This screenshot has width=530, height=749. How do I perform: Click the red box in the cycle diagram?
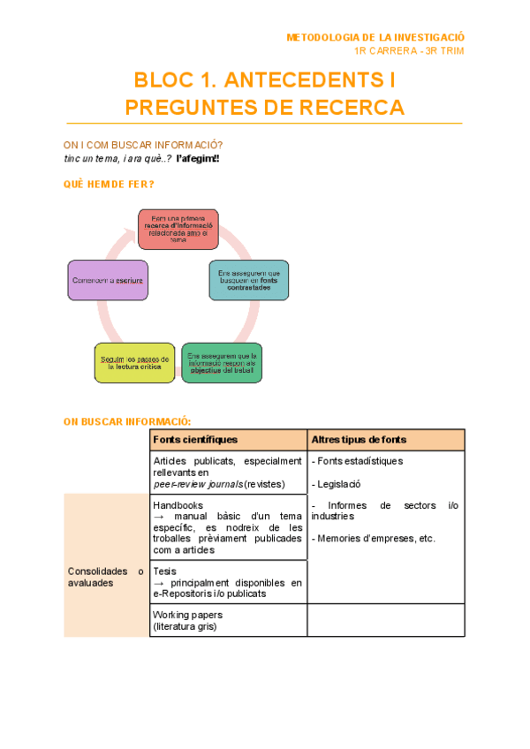click(x=178, y=229)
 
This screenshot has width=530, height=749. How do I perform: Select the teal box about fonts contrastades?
click(x=248, y=279)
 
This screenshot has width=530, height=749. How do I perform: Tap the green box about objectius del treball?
click(x=221, y=362)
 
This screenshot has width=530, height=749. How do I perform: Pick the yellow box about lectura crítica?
click(x=133, y=362)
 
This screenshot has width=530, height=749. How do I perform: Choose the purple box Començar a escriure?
click(x=108, y=280)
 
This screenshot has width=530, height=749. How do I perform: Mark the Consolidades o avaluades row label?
click(x=105, y=577)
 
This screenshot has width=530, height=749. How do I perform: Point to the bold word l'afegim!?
click(x=198, y=159)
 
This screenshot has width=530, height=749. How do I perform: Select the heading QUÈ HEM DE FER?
click(x=109, y=184)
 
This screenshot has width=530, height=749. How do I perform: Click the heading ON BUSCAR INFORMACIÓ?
click(x=127, y=421)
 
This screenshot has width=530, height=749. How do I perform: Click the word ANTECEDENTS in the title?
click(x=299, y=82)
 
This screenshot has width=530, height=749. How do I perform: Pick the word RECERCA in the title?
click(x=353, y=108)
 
